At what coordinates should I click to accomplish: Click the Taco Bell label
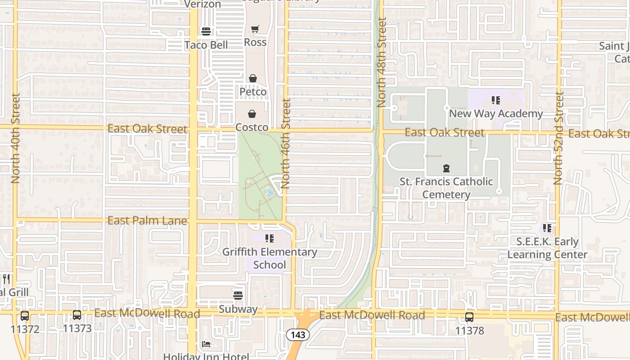pyautogui.click(x=206, y=45)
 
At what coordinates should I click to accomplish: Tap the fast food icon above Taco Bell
pyautogui.click(x=206, y=31)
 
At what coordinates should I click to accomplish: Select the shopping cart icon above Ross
pyautogui.click(x=255, y=29)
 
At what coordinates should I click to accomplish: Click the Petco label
pyautogui.click(x=253, y=92)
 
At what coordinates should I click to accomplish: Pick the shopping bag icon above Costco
pyautogui.click(x=252, y=114)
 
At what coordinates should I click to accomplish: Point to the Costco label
pyautogui.click(x=252, y=127)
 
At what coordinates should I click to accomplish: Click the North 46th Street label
pyautogui.click(x=286, y=144)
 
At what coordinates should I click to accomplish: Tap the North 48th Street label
pyautogui.click(x=382, y=62)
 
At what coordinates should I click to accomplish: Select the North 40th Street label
pyautogui.click(x=16, y=138)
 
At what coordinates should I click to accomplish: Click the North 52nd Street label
pyautogui.click(x=558, y=138)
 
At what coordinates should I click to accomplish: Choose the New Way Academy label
pyautogui.click(x=496, y=113)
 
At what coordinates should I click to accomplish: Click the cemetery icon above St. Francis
pyautogui.click(x=446, y=169)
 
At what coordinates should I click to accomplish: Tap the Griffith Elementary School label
pyautogui.click(x=270, y=258)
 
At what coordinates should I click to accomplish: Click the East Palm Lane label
pyautogui.click(x=147, y=220)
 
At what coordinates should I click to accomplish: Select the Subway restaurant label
pyautogui.click(x=238, y=309)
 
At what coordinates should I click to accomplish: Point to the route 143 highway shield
pyautogui.click(x=298, y=335)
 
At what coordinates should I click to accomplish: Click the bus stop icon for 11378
pyautogui.click(x=469, y=317)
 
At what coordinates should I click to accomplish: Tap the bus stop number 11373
pyautogui.click(x=77, y=328)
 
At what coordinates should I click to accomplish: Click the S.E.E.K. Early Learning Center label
pyautogui.click(x=547, y=248)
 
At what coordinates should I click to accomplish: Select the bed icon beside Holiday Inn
pyautogui.click(x=206, y=344)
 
